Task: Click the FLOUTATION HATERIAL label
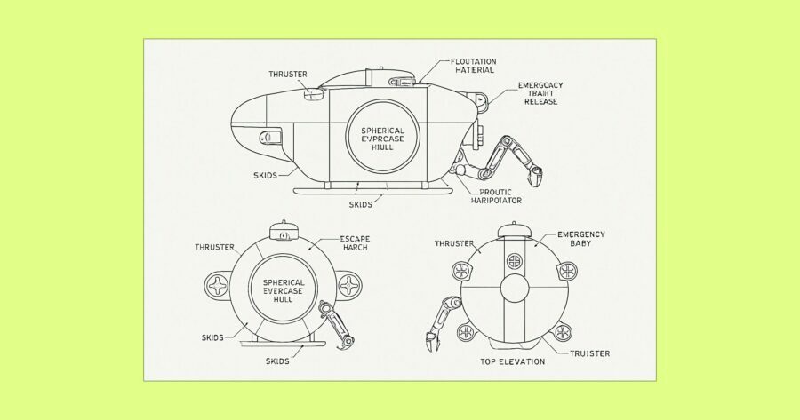[473, 66]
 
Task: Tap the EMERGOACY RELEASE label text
[540, 93]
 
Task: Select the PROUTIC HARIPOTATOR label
[496, 196]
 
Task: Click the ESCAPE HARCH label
[355, 242]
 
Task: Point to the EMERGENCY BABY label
[580, 239]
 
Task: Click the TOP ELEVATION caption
[512, 361]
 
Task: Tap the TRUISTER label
[590, 353]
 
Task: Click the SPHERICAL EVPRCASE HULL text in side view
[382, 139]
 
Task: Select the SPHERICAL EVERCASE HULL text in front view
[283, 290]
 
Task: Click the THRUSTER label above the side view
[288, 75]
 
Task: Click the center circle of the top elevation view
[515, 289]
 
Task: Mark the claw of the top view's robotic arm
[430, 341]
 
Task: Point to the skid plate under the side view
[373, 190]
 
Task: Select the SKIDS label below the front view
[277, 361]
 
